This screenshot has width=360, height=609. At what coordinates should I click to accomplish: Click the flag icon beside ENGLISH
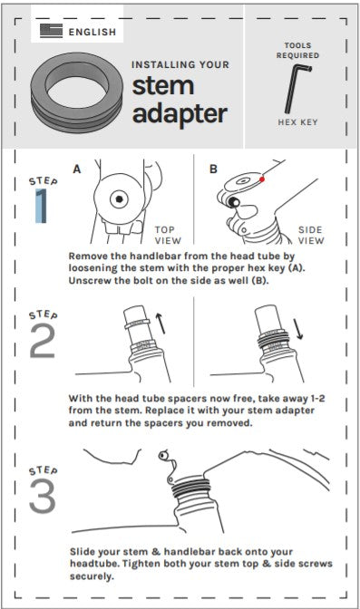tap(51, 31)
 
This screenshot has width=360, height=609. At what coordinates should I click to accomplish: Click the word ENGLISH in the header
tap(92, 32)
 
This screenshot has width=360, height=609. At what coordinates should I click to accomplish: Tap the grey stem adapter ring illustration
tap(77, 92)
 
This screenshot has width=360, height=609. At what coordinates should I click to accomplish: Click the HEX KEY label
tap(297, 122)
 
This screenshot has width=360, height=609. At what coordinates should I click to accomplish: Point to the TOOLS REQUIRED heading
tap(297, 51)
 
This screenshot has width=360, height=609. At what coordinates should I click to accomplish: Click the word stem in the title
tap(163, 86)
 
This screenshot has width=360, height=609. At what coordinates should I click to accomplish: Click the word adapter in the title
tap(180, 114)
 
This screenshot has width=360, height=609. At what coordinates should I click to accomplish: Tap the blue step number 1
tap(41, 206)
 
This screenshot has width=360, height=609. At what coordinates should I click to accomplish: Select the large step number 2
tap(42, 341)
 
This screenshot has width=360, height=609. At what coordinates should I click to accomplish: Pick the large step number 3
tap(43, 497)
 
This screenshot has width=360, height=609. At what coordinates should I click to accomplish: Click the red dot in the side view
tap(262, 179)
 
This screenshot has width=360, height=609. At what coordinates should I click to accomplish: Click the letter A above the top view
tap(77, 169)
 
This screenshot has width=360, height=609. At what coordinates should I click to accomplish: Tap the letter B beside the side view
tap(213, 169)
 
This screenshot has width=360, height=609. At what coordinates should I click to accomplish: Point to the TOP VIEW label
tap(168, 236)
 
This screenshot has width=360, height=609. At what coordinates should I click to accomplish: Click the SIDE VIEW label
tap(311, 236)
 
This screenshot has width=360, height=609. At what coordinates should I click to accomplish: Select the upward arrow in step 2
tap(161, 324)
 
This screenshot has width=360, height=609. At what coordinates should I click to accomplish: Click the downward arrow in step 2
tap(297, 329)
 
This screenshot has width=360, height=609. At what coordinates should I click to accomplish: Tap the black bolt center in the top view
tap(119, 199)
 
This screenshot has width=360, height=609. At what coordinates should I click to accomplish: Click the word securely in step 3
tap(92, 576)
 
